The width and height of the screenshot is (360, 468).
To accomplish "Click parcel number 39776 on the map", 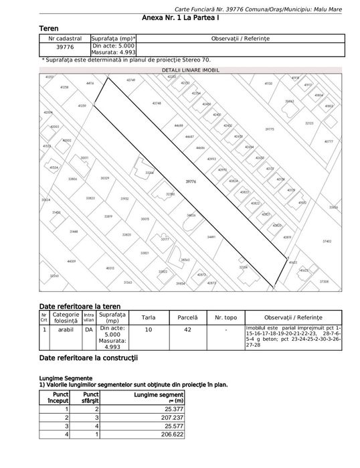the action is (191, 180).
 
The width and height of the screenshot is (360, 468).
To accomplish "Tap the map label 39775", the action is (270, 129).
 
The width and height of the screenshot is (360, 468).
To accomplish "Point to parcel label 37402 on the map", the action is (327, 241).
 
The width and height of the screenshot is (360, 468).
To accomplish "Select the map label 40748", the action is (157, 103).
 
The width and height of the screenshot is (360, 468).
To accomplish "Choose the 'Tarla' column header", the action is (149, 317).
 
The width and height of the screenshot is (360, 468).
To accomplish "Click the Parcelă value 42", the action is (188, 329).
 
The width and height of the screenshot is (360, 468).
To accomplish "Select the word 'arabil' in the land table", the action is (66, 329).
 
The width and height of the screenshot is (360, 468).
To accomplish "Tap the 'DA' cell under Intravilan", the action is (88, 329).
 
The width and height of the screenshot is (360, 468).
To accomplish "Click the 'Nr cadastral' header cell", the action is (65, 38).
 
